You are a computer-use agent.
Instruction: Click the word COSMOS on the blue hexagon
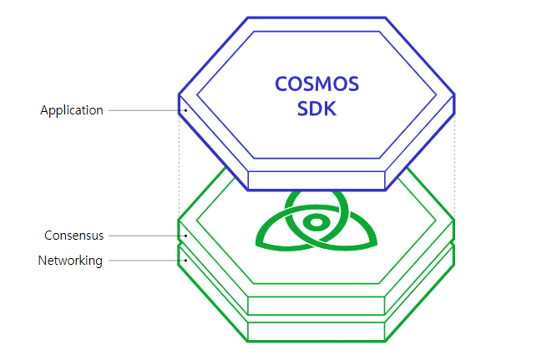coord(317,84)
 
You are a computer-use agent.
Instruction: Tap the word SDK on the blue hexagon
coord(317,109)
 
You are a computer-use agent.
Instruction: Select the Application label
coord(72,110)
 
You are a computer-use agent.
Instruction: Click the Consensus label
coord(74,236)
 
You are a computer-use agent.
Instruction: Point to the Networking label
coord(70,261)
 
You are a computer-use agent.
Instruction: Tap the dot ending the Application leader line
coord(185,110)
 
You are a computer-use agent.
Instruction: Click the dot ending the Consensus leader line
coord(185,236)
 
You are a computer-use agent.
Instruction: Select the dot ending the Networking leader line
coord(185,261)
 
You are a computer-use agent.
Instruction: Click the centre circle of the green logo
coord(316,223)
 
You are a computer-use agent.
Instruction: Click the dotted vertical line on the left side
coord(179,167)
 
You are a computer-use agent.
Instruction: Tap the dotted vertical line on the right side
coord(454,167)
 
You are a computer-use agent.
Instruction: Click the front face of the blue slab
coord(317,180)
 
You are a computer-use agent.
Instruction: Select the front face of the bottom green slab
coord(317,331)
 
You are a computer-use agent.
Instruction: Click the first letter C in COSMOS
coord(281,84)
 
